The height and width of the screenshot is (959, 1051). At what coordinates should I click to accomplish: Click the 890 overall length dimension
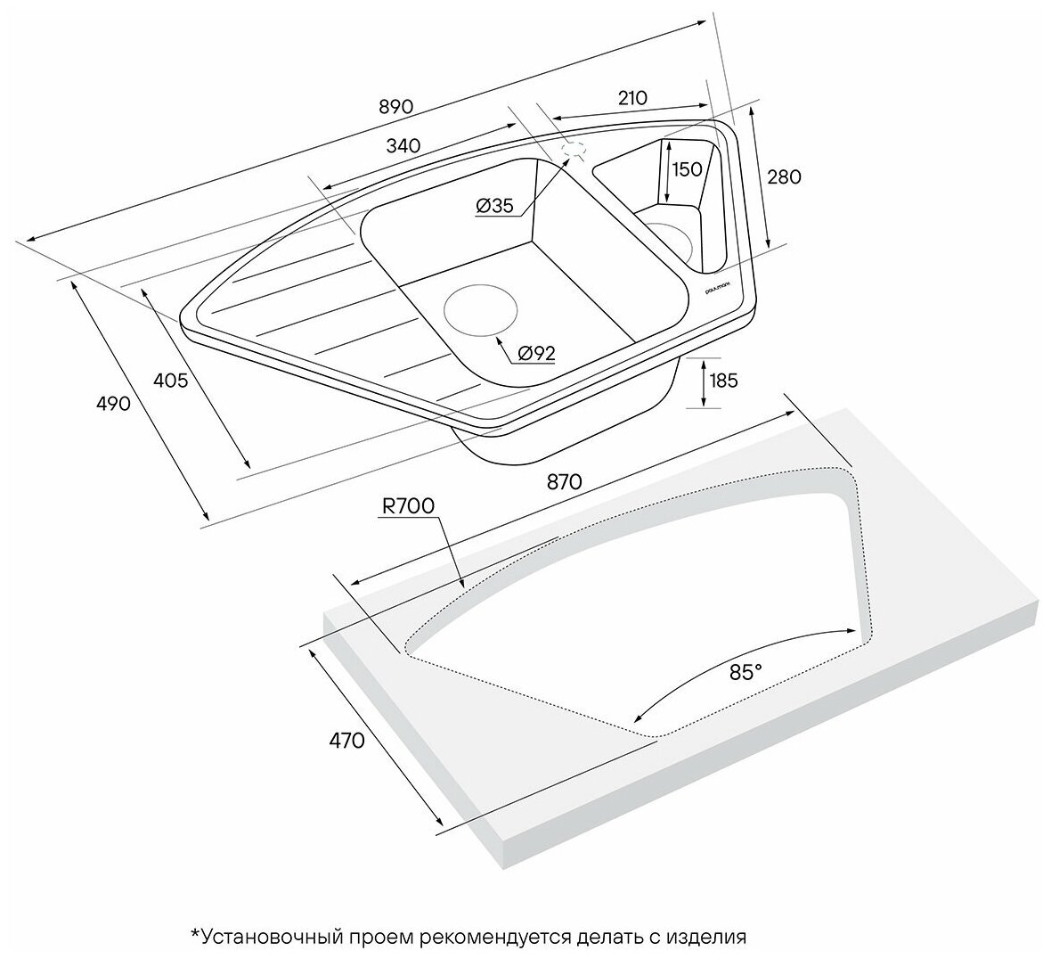pyautogui.click(x=395, y=106)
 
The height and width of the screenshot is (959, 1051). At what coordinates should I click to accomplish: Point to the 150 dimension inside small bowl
pyautogui.click(x=687, y=169)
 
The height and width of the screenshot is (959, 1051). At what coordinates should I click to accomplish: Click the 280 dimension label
pyautogui.click(x=783, y=176)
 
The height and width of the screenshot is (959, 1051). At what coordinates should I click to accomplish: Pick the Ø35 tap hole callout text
pyautogui.click(x=494, y=206)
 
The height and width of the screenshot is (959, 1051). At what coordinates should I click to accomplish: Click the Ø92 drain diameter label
pyautogui.click(x=535, y=354)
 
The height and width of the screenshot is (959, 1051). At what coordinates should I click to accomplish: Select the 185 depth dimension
pyautogui.click(x=722, y=381)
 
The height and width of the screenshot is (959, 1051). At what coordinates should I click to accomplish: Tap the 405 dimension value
pyautogui.click(x=170, y=381)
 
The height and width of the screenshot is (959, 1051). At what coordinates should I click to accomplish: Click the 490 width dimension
pyautogui.click(x=114, y=403)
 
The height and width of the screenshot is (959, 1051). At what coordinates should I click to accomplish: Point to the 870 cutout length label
pyautogui.click(x=564, y=482)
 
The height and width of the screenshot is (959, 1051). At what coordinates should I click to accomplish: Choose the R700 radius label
pyautogui.click(x=408, y=506)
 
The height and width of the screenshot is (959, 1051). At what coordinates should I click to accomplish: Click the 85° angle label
pyautogui.click(x=746, y=673)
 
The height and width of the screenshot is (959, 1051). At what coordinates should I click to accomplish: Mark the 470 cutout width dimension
pyautogui.click(x=346, y=740)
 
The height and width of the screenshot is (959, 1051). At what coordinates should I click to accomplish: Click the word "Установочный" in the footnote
pyautogui.click(x=266, y=937)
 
